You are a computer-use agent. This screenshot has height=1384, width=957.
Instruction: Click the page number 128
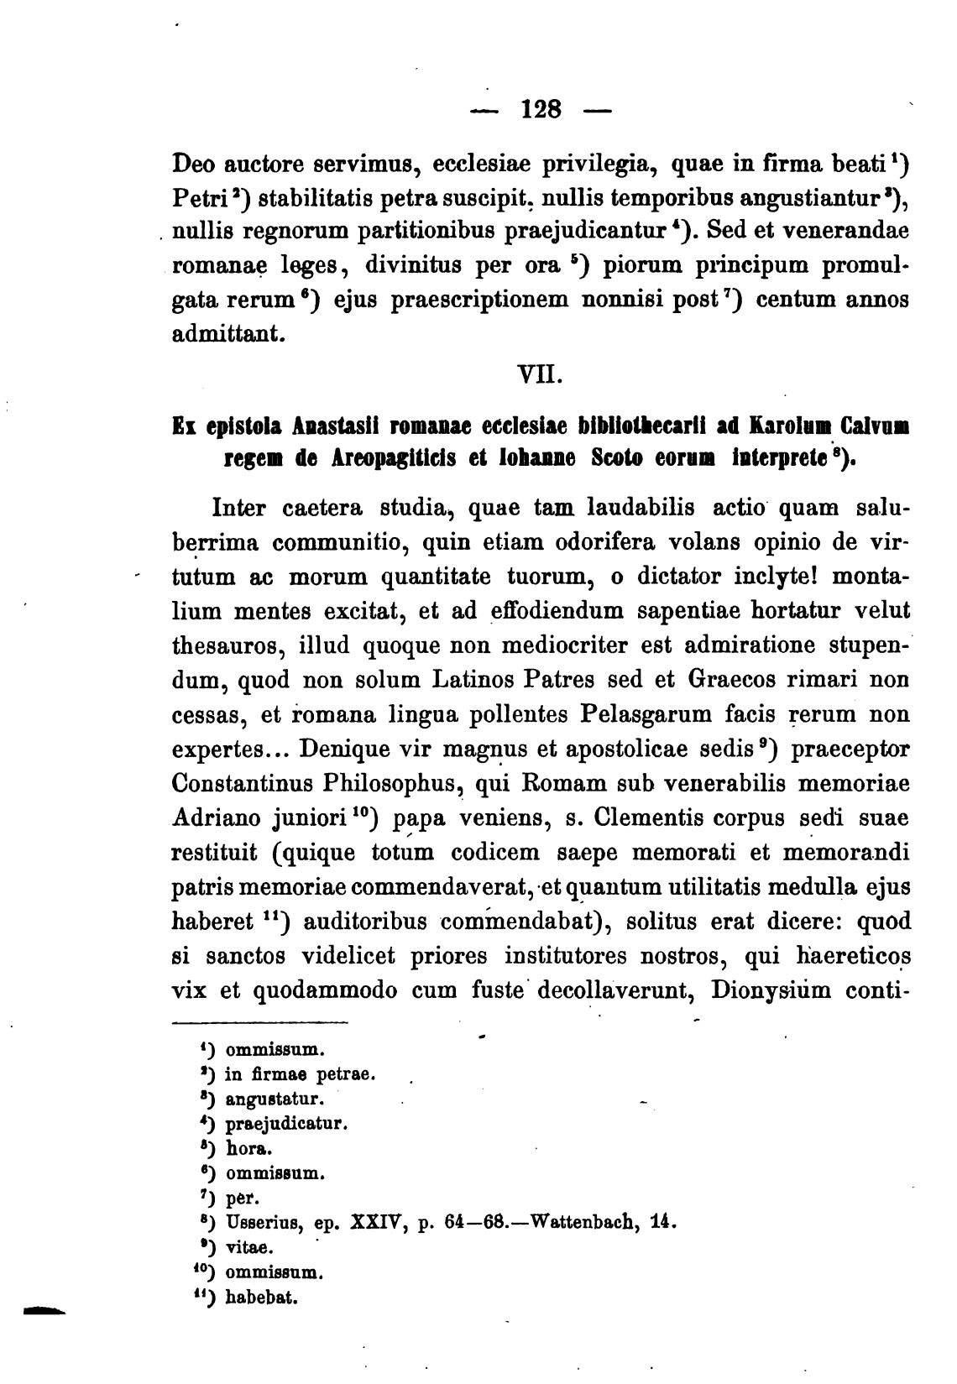pos(541,109)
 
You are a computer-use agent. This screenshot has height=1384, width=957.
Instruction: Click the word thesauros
pos(218,646)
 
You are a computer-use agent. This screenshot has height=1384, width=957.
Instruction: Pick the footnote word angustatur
pos(275,1098)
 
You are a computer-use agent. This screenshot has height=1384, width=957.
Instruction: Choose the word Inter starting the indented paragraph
pos(241,509)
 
